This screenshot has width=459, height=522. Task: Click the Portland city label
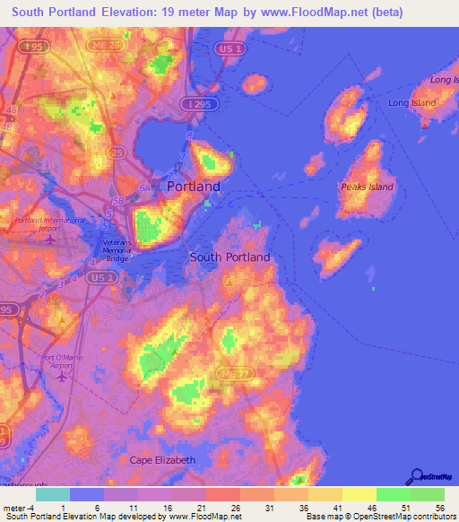(194, 187)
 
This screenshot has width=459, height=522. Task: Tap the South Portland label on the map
(229, 257)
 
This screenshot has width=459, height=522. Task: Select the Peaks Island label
(367, 187)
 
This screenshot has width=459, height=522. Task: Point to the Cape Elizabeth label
(162, 460)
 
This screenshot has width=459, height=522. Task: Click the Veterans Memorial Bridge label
(116, 249)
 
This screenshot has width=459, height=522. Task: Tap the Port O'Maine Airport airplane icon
(62, 375)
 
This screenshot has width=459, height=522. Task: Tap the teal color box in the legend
(53, 494)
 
